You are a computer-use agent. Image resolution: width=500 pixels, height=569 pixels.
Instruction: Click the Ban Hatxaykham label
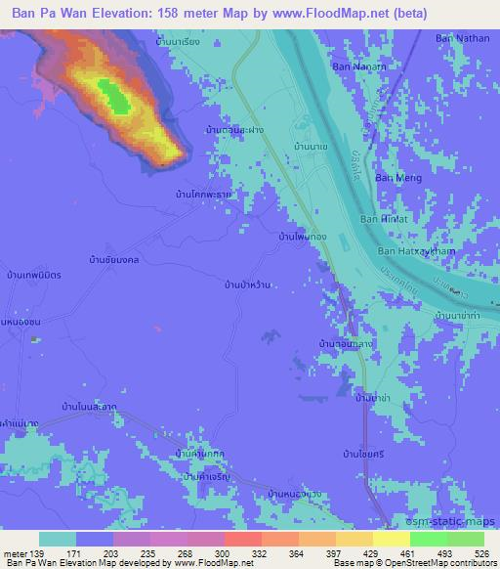click(413, 251)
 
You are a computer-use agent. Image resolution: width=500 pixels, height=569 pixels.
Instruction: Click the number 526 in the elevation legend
click(481, 553)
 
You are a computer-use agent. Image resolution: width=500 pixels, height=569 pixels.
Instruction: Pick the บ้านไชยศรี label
click(360, 455)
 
